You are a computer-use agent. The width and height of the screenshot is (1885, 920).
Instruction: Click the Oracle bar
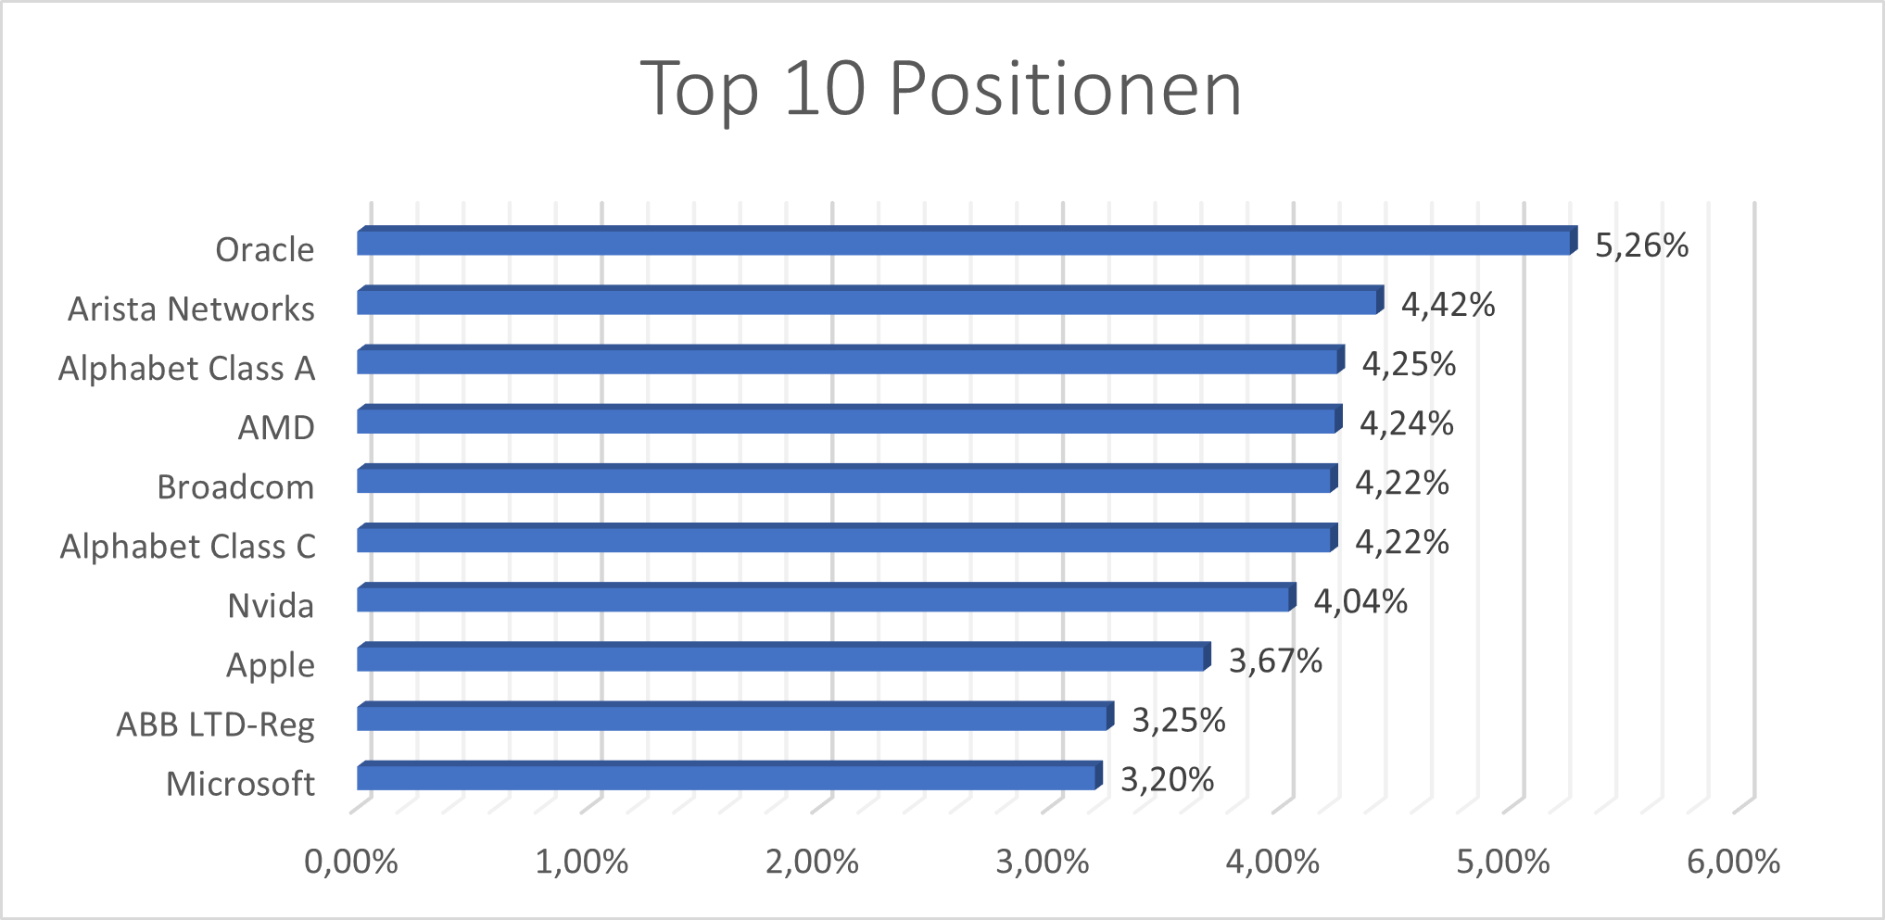[964, 243]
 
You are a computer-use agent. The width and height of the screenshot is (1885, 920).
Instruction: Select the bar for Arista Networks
[867, 302]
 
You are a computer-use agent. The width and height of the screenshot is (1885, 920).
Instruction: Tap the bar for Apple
[781, 659]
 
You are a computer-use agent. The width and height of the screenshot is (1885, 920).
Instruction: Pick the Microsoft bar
[727, 777]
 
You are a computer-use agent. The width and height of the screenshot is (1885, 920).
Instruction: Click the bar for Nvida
[824, 599]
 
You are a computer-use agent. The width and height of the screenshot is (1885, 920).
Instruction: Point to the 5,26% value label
[1641, 246]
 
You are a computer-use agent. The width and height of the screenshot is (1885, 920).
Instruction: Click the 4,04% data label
[1360, 602]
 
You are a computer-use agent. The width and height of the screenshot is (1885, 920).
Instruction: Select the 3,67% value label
[1275, 662]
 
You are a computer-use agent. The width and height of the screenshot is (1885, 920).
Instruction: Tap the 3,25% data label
[1179, 721]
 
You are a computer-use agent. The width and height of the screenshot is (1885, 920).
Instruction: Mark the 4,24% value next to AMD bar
[1406, 423]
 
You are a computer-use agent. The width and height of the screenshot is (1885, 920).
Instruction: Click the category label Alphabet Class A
[186, 369]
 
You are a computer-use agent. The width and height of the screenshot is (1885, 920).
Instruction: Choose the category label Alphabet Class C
[187, 547]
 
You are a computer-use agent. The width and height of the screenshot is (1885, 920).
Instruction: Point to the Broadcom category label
[235, 487]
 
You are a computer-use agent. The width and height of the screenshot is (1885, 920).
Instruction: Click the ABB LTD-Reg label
[215, 725]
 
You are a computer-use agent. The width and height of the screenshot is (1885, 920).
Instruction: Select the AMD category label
[276, 428]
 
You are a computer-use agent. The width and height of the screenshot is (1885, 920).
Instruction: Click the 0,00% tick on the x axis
[351, 863]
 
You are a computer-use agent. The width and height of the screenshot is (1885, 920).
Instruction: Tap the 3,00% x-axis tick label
[1043, 863]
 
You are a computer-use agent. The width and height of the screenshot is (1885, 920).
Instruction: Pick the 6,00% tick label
[1733, 863]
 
